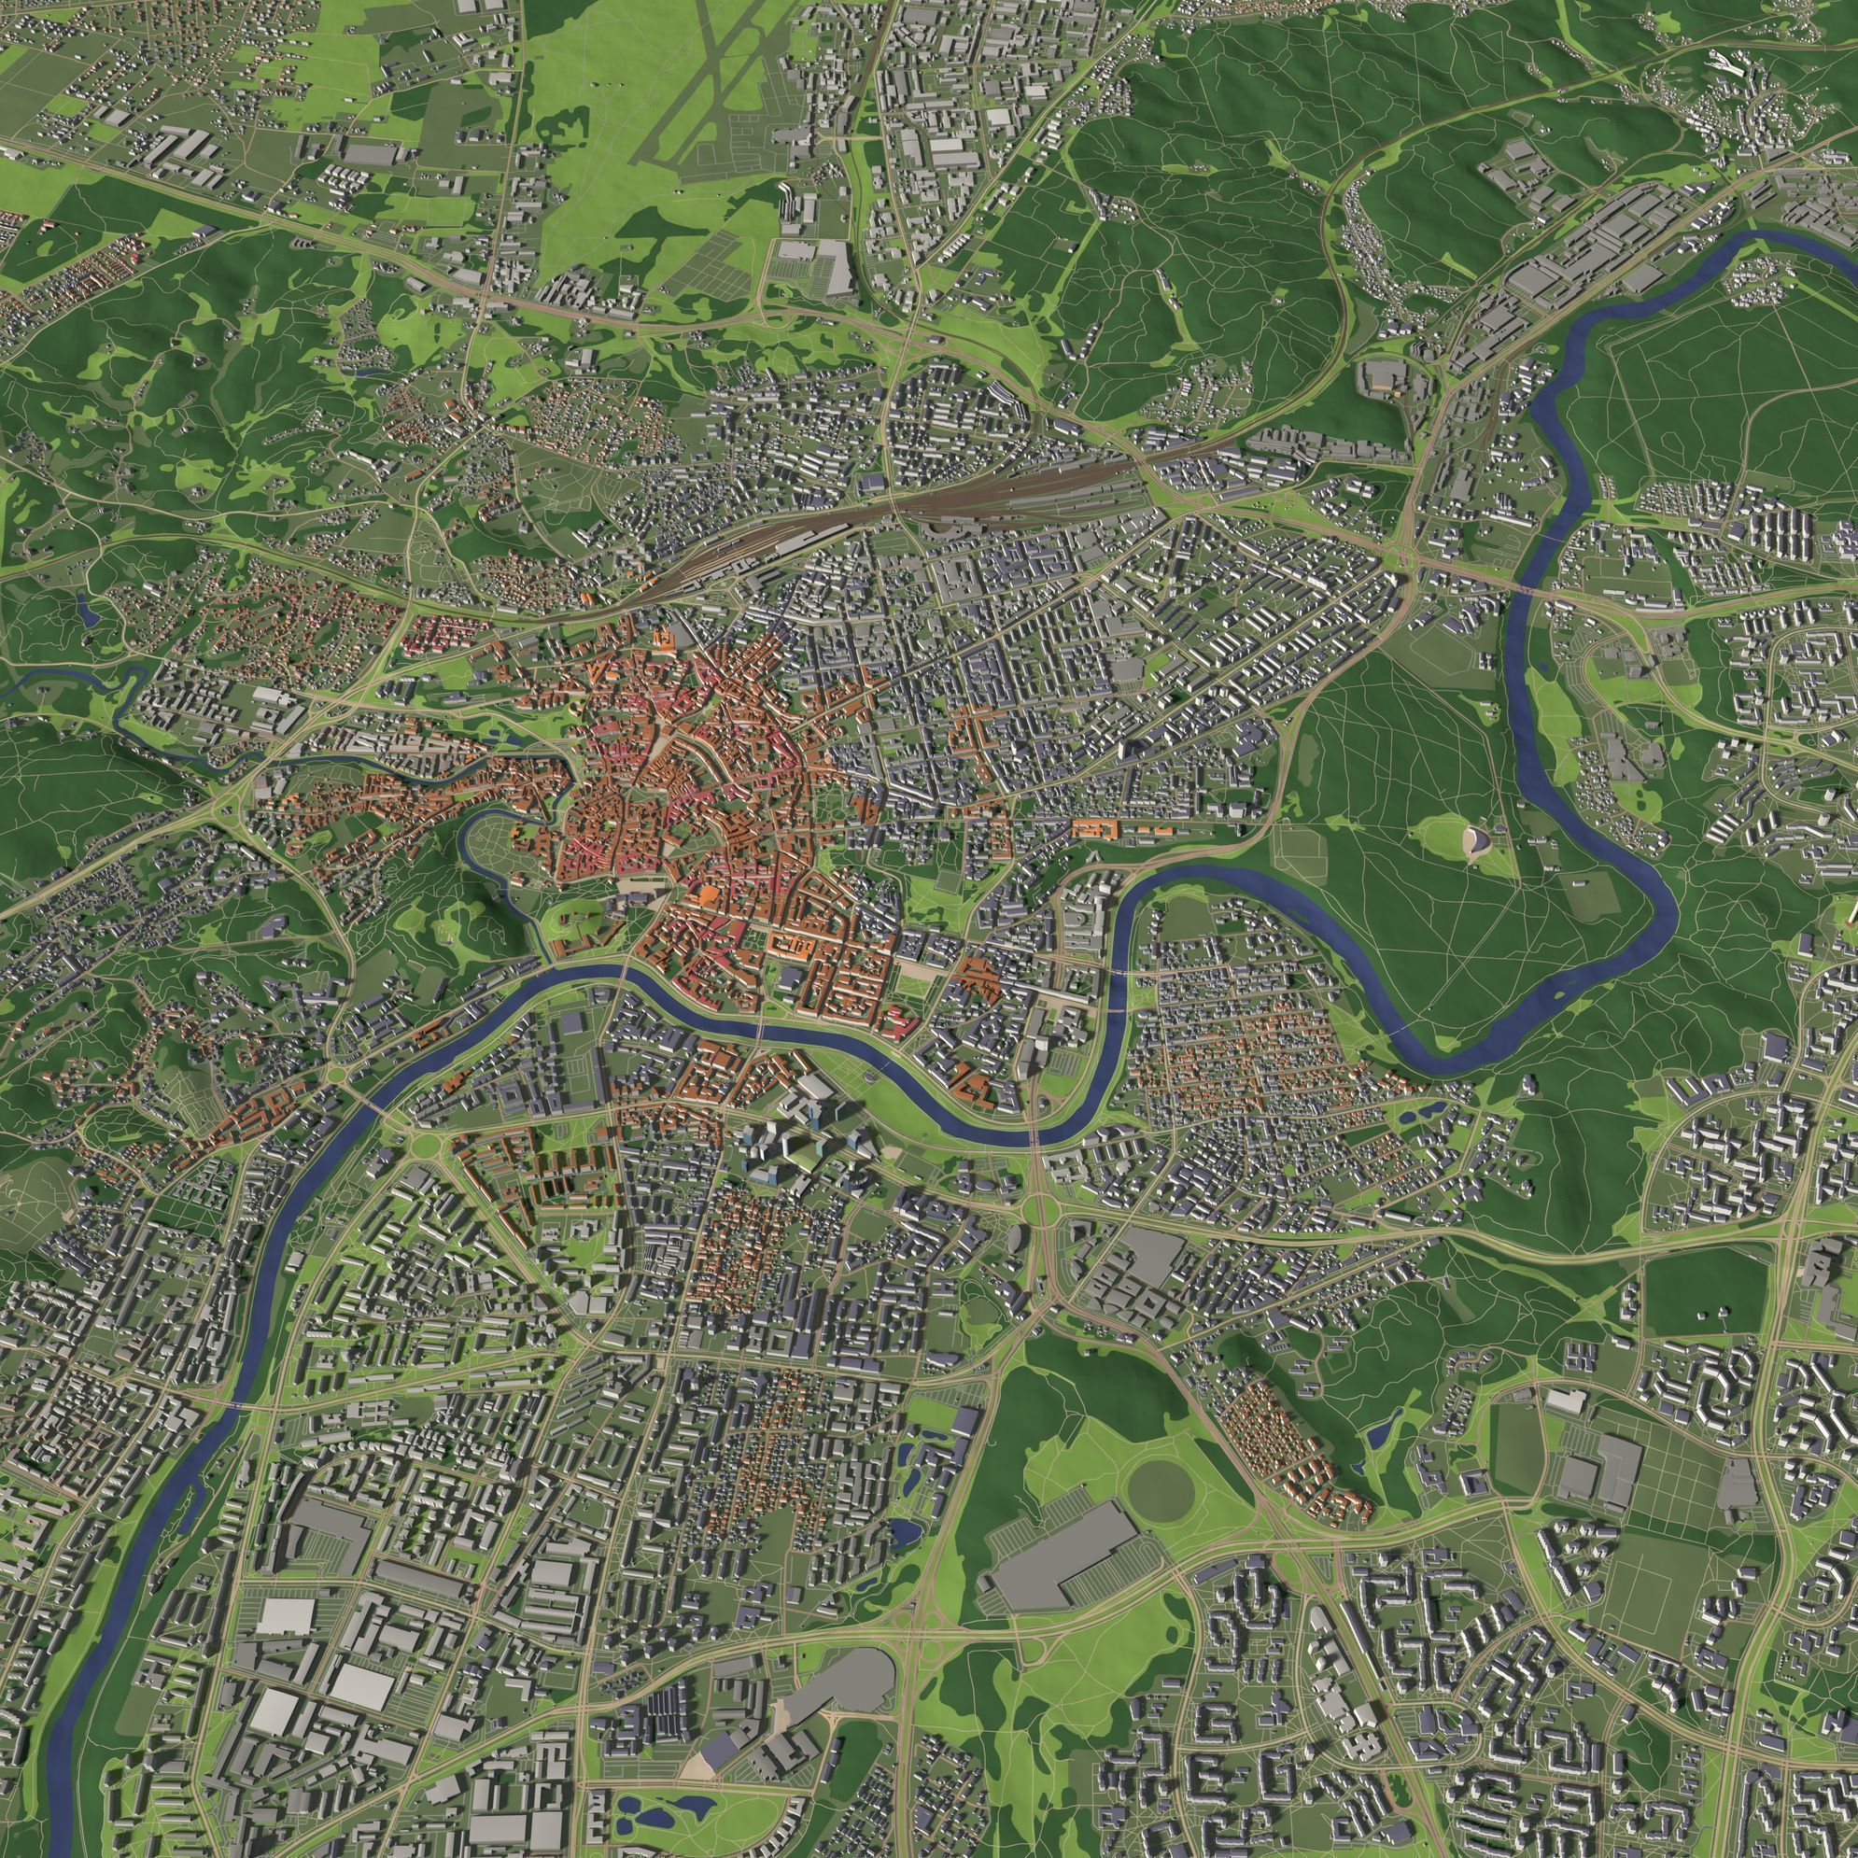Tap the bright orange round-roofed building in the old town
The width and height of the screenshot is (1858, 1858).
pos(707,895)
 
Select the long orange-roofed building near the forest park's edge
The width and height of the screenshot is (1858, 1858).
pos(1096,827)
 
